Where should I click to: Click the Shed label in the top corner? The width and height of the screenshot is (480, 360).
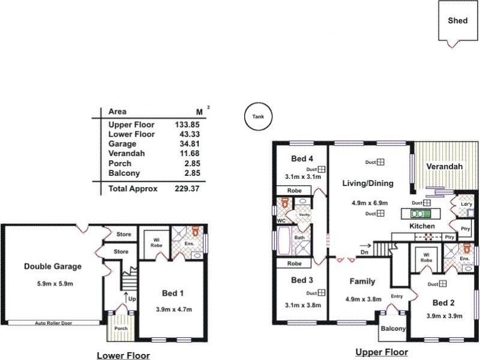click(x=458, y=20)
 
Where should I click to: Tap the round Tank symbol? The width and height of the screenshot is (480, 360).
click(x=258, y=116)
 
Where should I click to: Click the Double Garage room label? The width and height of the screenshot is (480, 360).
click(x=53, y=266)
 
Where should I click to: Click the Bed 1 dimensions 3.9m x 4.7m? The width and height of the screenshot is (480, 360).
click(x=173, y=310)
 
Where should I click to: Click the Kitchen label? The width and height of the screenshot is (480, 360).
click(x=422, y=226)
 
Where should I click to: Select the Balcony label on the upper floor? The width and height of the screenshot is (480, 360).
click(x=393, y=329)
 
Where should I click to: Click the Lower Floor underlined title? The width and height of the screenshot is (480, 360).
click(x=123, y=356)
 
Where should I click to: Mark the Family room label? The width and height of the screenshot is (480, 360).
click(x=362, y=281)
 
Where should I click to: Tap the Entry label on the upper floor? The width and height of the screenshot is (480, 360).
click(x=397, y=296)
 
